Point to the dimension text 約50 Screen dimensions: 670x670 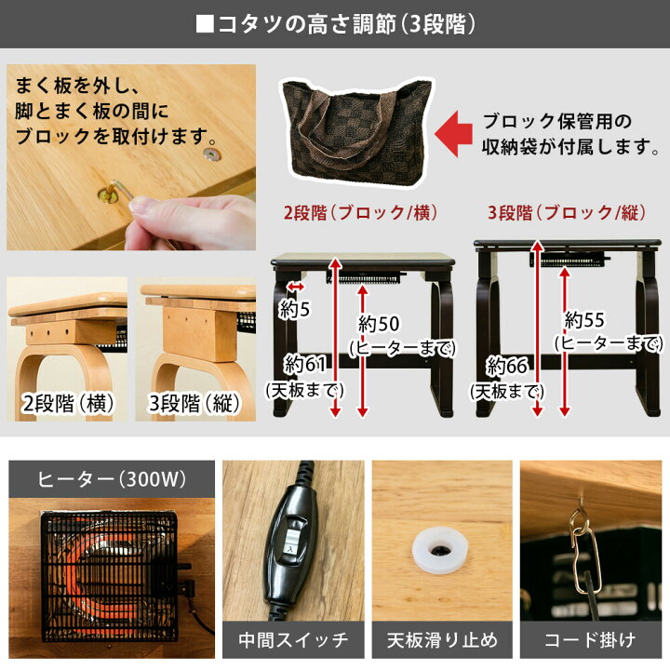tap(379, 323)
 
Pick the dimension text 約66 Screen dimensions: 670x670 tap(508, 365)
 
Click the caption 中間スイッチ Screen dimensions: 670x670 tap(293, 640)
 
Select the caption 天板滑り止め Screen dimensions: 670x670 tap(441, 640)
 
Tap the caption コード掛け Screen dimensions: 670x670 tap(589, 640)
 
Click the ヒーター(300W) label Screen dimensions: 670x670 tap(112, 480)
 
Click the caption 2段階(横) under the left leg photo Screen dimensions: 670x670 tap(66, 406)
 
